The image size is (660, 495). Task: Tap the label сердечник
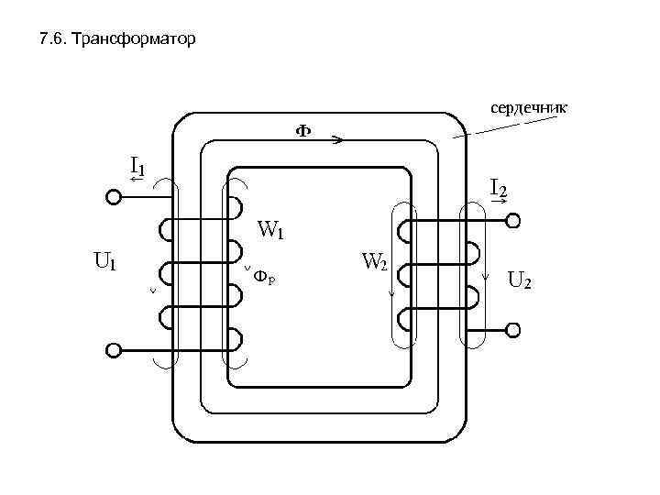528,108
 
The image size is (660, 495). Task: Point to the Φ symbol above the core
302,131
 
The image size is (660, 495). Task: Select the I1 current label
137,165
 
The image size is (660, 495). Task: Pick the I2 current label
499,189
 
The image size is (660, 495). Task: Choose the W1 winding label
271,229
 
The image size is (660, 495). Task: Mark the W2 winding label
374,262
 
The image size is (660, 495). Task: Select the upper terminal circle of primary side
114,196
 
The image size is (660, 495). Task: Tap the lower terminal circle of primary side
114,349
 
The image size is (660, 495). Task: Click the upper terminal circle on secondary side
514,221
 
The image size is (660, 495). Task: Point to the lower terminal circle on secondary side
514,329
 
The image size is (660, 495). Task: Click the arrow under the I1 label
137,180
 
